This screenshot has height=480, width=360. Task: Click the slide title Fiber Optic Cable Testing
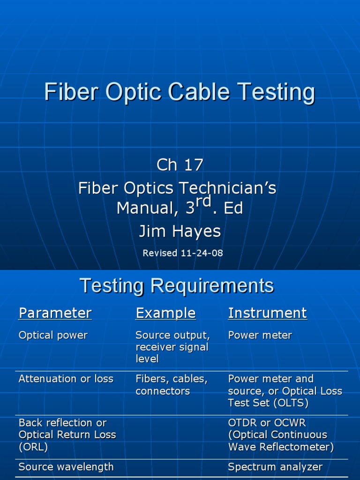coord(180,92)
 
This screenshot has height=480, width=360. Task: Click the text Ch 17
coord(180,165)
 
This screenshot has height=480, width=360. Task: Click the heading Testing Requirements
coord(177,285)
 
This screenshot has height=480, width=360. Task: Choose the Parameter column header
coord(55,313)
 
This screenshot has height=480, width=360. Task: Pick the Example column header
coord(165,313)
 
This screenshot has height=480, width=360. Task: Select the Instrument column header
coord(267,313)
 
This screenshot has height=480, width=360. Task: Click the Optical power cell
coord(53,336)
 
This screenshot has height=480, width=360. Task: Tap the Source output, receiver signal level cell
coord(172,347)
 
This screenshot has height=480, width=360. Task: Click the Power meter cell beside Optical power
coord(260,336)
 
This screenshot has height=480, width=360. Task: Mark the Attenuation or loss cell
coord(66,379)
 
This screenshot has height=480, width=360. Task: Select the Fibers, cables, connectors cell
coord(171,385)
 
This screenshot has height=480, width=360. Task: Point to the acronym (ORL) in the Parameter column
coord(33,447)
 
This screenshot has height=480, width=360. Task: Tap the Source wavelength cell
coord(66,467)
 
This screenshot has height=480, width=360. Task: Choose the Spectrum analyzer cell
coord(275,467)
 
